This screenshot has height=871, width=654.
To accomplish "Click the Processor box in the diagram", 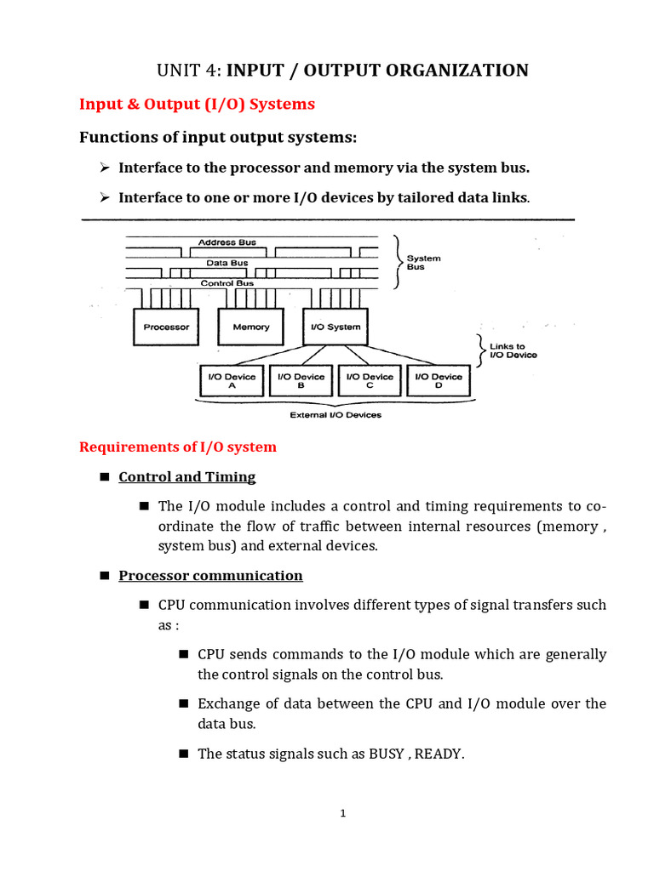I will pyautogui.click(x=166, y=327).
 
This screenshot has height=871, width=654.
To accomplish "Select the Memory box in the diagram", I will pyautogui.click(x=250, y=327).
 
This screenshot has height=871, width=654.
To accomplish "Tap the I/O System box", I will pyautogui.click(x=332, y=327).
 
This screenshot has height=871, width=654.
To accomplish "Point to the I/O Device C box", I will pyautogui.click(x=370, y=380).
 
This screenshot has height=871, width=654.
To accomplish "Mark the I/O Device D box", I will pyautogui.click(x=439, y=380).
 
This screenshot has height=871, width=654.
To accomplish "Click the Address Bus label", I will pyautogui.click(x=227, y=242).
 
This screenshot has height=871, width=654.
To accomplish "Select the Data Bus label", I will pyautogui.click(x=227, y=263).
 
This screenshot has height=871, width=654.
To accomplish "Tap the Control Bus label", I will pyautogui.click(x=227, y=283).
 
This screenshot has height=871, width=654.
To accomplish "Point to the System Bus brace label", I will pyautogui.click(x=423, y=262).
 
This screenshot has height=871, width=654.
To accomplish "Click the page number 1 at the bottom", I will pyautogui.click(x=342, y=813).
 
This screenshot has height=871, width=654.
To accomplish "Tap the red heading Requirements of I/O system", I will pyautogui.click(x=177, y=447).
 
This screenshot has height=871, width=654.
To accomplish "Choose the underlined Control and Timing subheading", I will pyautogui.click(x=186, y=477).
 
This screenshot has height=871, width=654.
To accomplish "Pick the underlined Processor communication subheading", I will pyautogui.click(x=210, y=576).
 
